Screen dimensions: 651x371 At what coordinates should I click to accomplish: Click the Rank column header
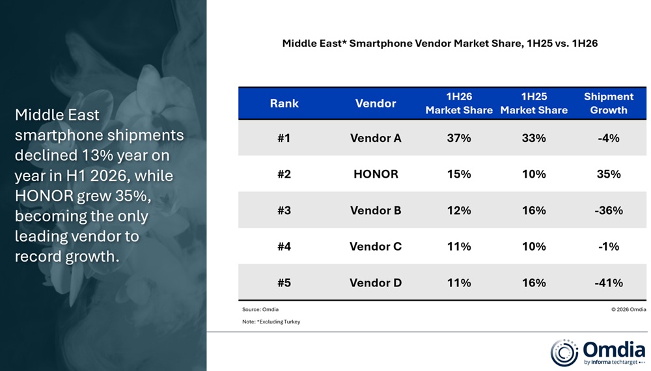[x=284, y=103]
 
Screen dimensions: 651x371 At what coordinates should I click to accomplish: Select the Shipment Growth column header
[x=609, y=103]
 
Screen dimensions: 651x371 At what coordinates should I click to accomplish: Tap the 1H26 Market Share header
[x=459, y=103]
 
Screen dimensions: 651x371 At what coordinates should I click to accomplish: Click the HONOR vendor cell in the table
[x=376, y=174]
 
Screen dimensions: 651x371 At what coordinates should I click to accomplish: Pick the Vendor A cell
[x=376, y=138]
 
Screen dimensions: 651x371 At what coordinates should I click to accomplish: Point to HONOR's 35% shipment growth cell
[x=609, y=174]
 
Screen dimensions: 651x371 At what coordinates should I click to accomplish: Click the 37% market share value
[x=459, y=138]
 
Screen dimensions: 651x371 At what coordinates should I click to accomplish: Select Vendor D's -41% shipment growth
[x=609, y=282]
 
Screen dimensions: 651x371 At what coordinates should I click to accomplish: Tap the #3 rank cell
[x=284, y=210]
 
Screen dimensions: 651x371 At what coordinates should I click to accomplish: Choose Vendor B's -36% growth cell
[x=609, y=210]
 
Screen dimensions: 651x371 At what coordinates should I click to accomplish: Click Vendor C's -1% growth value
[x=609, y=247]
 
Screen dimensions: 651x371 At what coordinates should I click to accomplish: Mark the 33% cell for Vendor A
[x=534, y=138]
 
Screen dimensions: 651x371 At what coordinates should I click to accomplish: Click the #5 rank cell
[x=284, y=282]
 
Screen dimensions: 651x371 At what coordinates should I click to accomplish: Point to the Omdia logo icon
[x=564, y=353]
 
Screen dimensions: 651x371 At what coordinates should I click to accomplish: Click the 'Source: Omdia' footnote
[x=260, y=309]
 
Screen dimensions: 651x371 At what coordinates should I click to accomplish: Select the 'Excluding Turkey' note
[x=271, y=322]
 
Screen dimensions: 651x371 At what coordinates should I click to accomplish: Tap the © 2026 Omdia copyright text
[x=629, y=309]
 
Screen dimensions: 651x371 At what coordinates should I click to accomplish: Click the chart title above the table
[x=439, y=43]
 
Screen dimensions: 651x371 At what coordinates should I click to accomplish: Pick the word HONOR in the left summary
[x=44, y=196]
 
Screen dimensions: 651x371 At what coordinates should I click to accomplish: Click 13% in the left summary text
[x=97, y=156]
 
